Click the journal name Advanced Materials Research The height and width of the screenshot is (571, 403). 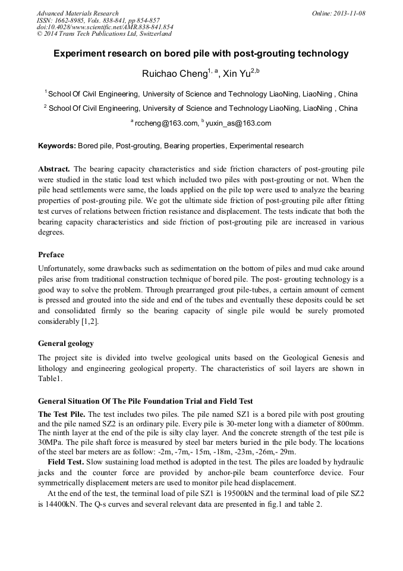(x=77, y=13)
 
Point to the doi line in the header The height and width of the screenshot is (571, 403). (x=105, y=27)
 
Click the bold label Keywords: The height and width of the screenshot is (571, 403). (x=57, y=146)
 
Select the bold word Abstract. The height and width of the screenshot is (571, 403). (x=54, y=169)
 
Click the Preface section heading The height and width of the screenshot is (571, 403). (x=51, y=255)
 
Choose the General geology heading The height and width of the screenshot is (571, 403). (x=65, y=344)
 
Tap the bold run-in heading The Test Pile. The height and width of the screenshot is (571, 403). (x=62, y=414)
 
